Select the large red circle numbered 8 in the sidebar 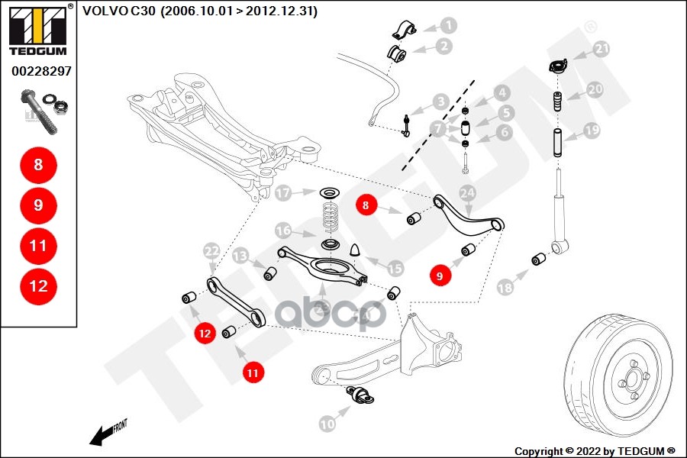tap(38, 164)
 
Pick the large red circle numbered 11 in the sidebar tap(38, 246)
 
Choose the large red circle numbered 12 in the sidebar tap(38, 286)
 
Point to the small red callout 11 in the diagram tap(253, 372)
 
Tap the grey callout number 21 tap(602, 50)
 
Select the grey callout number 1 tap(448, 25)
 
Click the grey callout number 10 tap(327, 423)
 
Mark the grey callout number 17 tap(284, 193)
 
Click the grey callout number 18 tap(505, 287)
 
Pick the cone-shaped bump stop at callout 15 tap(354, 250)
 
